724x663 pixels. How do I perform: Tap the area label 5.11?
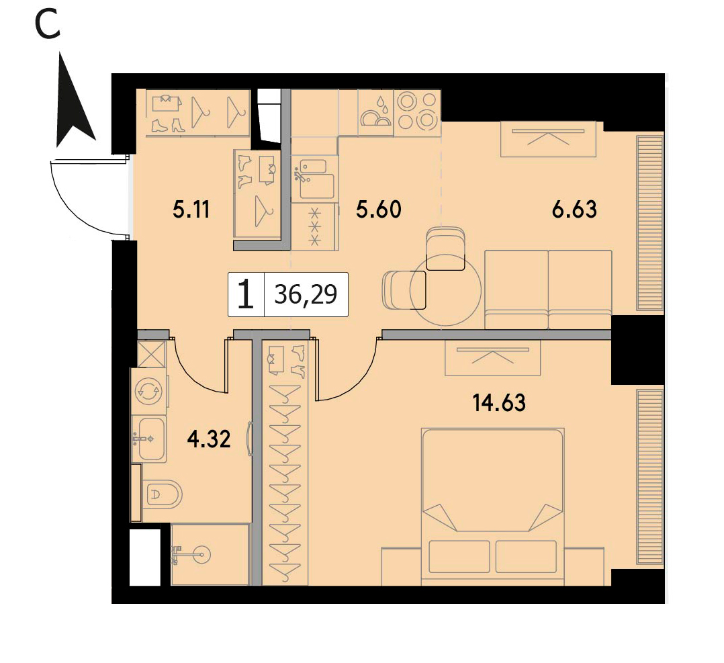tap(191, 210)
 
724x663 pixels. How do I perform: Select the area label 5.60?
tap(379, 209)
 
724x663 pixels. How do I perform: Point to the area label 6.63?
tap(574, 209)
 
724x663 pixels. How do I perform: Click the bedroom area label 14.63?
tap(499, 403)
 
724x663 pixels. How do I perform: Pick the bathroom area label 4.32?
tap(209, 439)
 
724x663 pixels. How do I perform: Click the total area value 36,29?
tap(306, 294)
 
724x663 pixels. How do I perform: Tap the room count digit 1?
tap(246, 295)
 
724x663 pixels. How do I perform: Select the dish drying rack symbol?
tap(376, 113)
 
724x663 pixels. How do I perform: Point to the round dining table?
tap(445, 292)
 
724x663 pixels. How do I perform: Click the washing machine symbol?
tap(149, 391)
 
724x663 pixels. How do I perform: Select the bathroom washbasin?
tap(149, 439)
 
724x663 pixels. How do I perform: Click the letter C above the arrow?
tap(47, 26)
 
